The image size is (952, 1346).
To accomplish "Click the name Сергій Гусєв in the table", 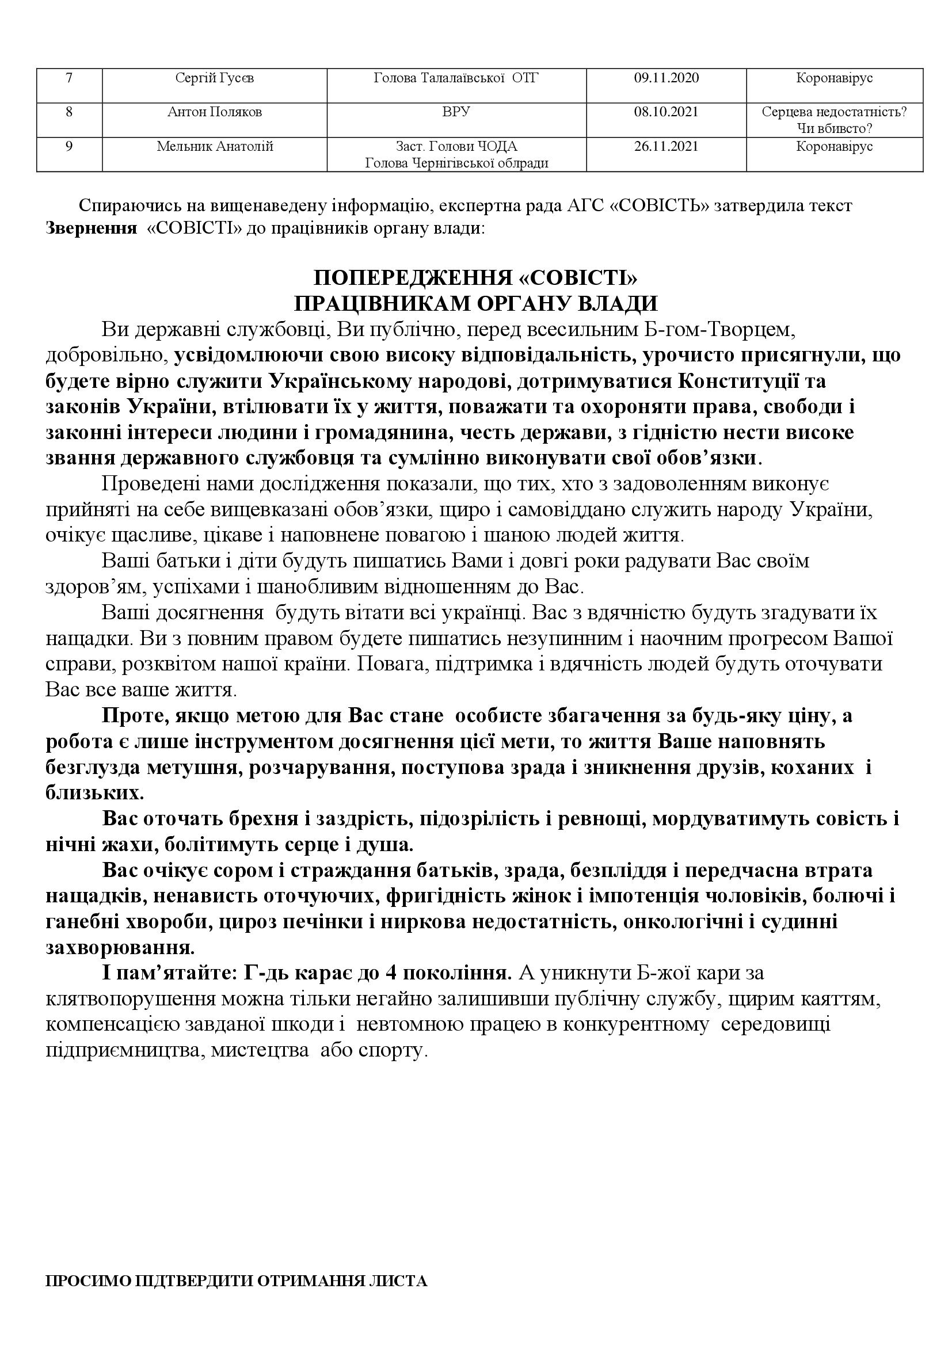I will [x=215, y=78].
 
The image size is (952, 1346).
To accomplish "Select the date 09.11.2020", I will [x=666, y=78].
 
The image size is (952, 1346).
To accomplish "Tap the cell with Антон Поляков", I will [x=215, y=112].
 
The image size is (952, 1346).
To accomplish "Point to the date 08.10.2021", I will [x=666, y=112].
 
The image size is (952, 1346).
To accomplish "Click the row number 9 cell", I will [x=69, y=146].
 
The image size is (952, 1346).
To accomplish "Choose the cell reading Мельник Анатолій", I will [x=215, y=146].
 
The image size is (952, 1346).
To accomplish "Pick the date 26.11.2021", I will [x=666, y=146].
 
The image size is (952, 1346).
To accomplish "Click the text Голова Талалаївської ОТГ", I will [x=455, y=78].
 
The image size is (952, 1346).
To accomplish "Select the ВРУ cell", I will [x=456, y=112].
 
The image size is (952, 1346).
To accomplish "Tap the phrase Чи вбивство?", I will [x=834, y=128].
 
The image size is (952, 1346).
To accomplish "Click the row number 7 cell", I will [x=69, y=78].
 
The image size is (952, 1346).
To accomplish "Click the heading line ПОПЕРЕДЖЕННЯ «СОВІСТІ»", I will [x=475, y=277].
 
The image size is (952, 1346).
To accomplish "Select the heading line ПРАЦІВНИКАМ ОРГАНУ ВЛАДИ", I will [x=475, y=304].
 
